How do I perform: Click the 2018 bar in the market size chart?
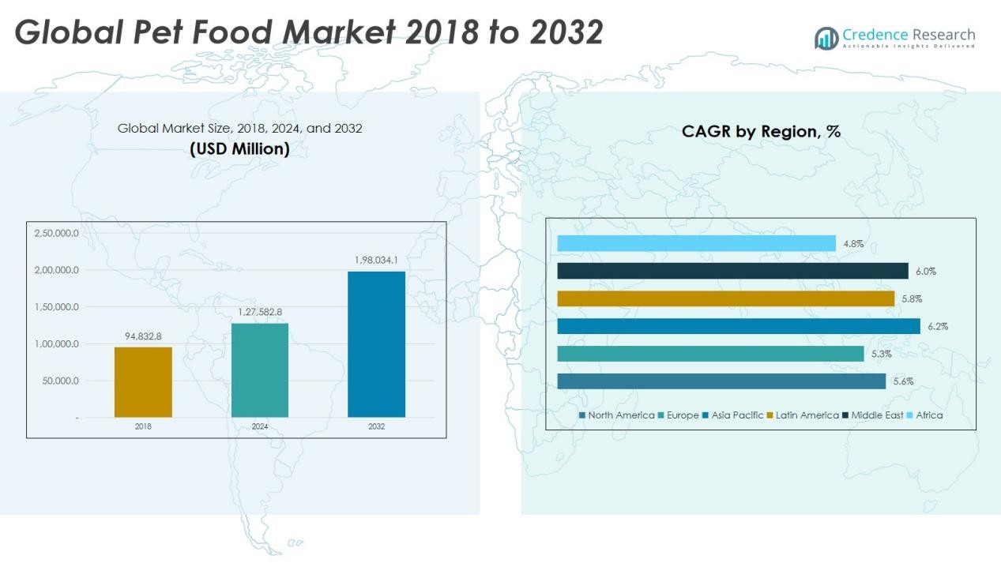point(143,382)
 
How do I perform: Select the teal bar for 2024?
point(260,370)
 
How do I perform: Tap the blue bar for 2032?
point(376,344)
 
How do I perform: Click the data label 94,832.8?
point(143,336)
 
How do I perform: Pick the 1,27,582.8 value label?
point(260,312)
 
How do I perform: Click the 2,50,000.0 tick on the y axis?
point(57,233)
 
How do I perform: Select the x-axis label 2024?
point(260,426)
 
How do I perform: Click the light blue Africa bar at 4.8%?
point(696,243)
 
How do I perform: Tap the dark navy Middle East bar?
point(732,271)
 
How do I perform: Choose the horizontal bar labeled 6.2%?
point(738,326)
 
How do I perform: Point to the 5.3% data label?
point(882,354)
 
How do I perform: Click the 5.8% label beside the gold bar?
point(912,298)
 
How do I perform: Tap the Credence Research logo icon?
point(826,38)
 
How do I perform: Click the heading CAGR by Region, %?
point(761,132)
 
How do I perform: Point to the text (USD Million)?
point(239,148)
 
